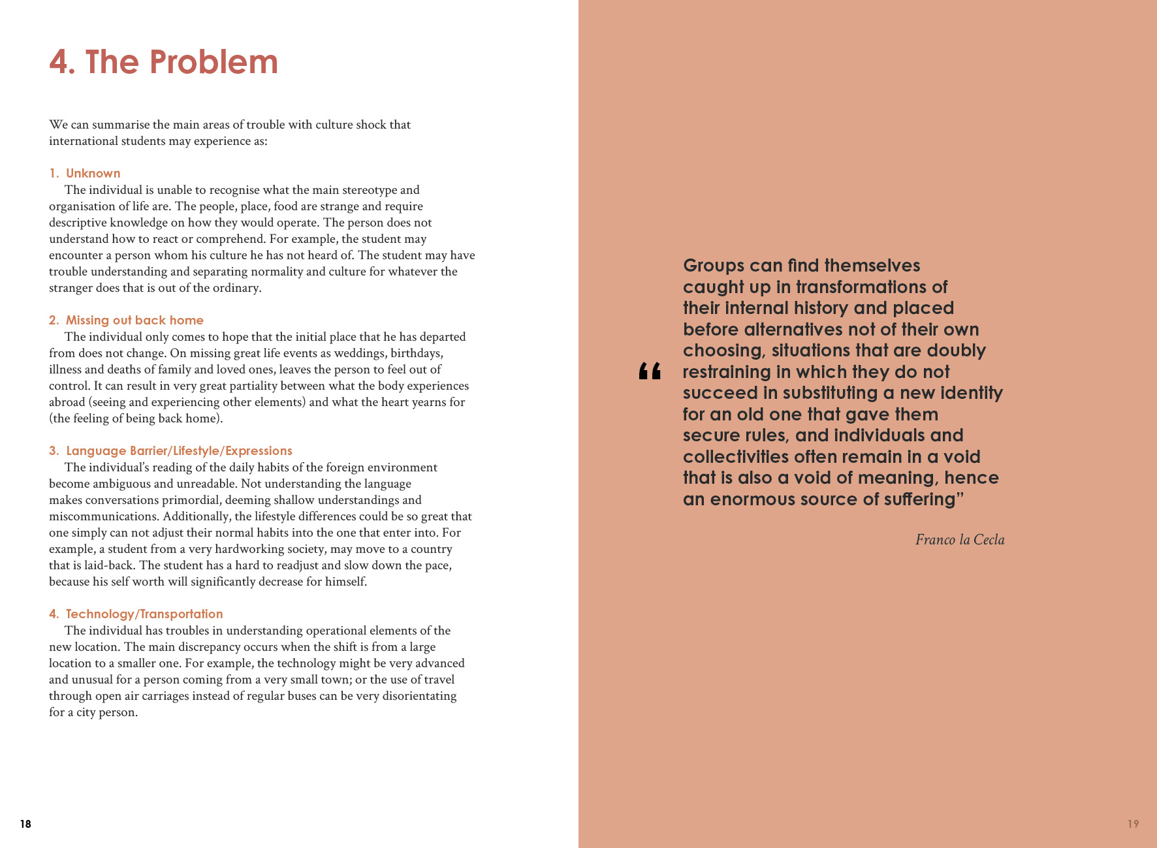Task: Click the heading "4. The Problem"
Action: pos(163,63)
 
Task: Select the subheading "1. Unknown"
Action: pos(85,174)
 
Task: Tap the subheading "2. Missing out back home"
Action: pos(126,321)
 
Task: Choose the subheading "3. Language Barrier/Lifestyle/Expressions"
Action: pos(170,451)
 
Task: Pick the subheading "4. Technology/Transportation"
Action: pos(136,614)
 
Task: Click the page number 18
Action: pos(25,824)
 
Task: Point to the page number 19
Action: pos(1133,824)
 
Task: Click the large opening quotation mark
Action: pos(650,371)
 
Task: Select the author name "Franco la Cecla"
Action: pos(959,540)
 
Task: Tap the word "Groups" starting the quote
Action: pos(713,266)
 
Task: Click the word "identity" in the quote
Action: pos(971,393)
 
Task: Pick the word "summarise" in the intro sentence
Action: pos(120,125)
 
